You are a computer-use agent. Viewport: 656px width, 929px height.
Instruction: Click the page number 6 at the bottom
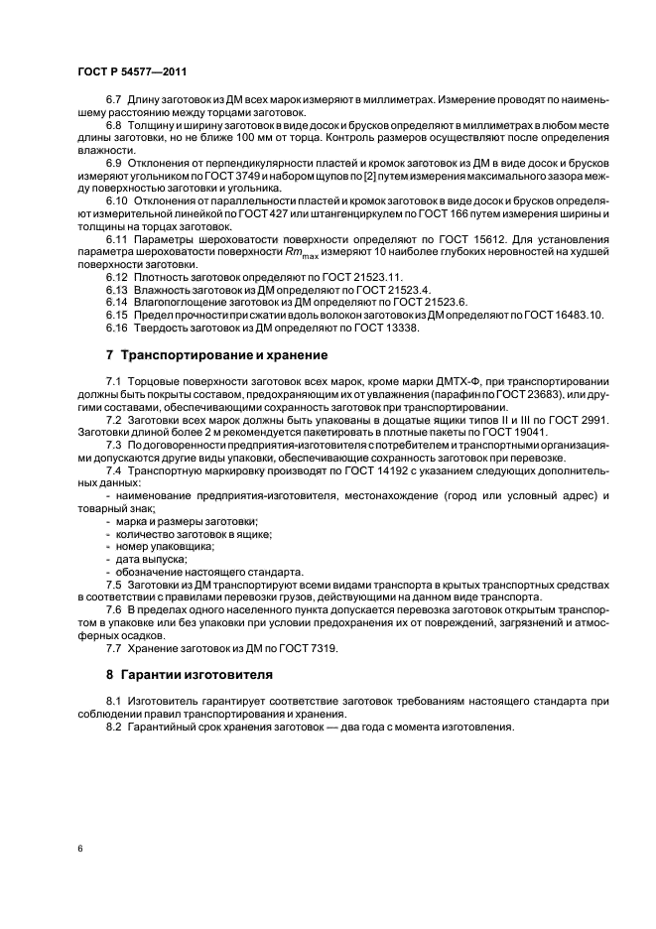click(78, 849)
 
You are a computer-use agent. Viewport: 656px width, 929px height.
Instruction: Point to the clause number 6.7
click(115, 102)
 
